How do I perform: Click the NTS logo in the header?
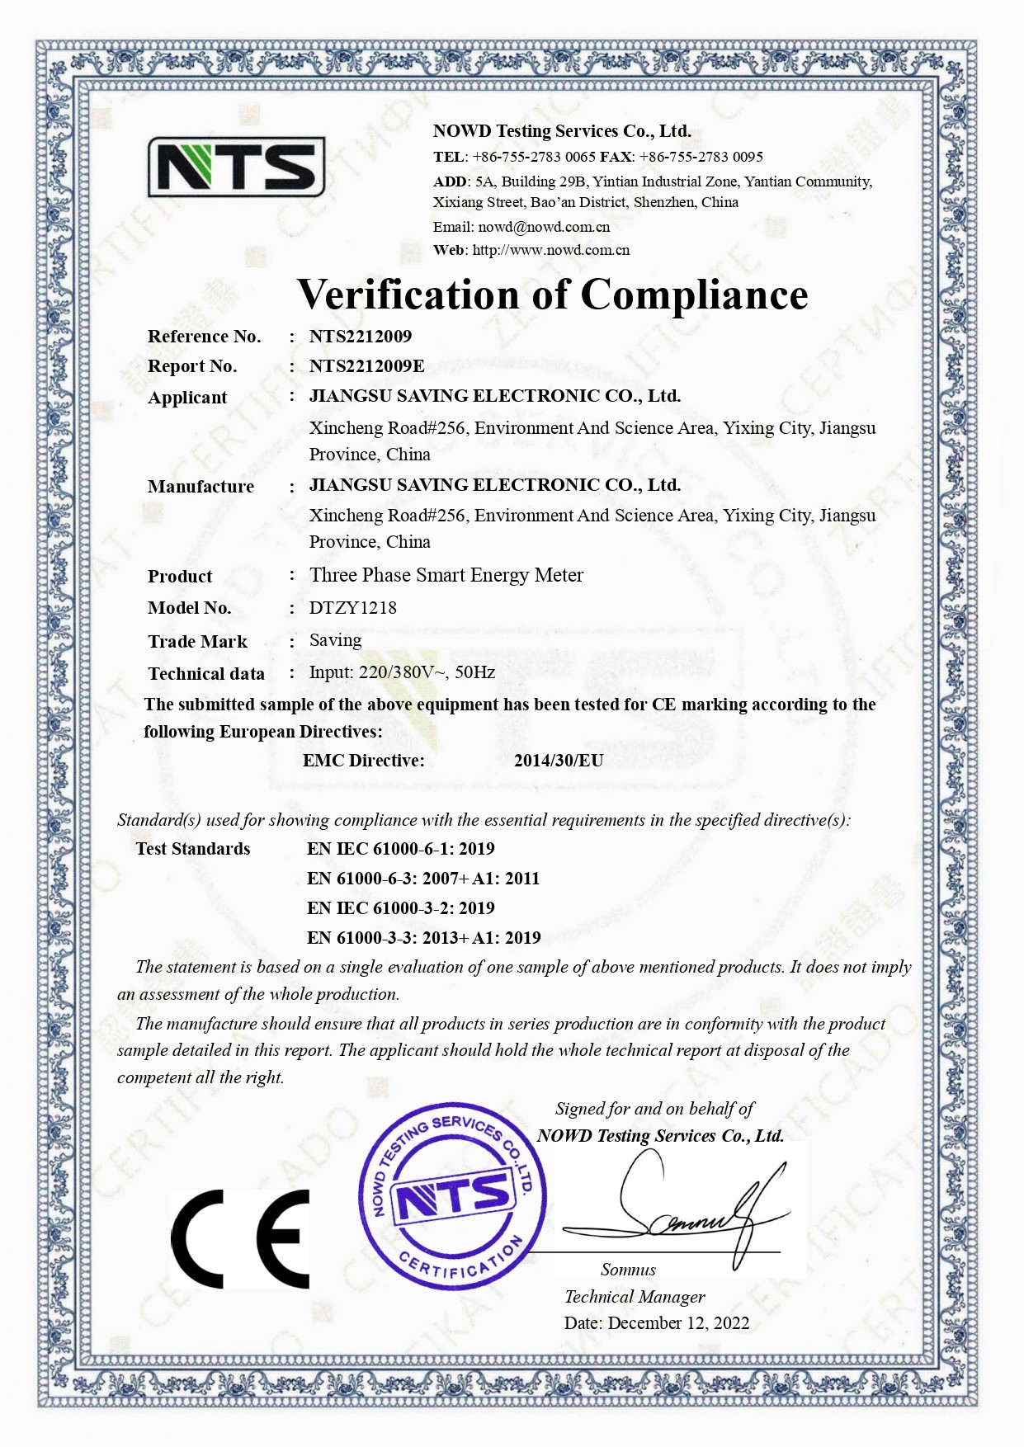tap(236, 167)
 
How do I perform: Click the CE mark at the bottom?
tap(240, 1238)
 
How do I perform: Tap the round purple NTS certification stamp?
tap(452, 1196)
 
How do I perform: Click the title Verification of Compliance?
tap(552, 295)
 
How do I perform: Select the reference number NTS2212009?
tap(360, 336)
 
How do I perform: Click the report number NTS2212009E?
tap(366, 365)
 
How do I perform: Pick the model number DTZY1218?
tap(352, 608)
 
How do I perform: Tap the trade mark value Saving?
tap(335, 640)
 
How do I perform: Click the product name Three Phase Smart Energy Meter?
tap(446, 575)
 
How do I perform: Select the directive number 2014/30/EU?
tap(558, 760)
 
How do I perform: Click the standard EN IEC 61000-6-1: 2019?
tap(400, 848)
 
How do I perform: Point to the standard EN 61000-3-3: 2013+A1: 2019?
tap(423, 937)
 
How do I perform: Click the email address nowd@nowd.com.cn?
tap(544, 227)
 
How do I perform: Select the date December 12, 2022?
tap(678, 1323)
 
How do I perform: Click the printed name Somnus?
tap(628, 1270)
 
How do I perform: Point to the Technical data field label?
tap(206, 674)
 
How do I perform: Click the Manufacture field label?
tap(201, 487)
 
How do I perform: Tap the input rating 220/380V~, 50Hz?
tap(427, 672)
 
